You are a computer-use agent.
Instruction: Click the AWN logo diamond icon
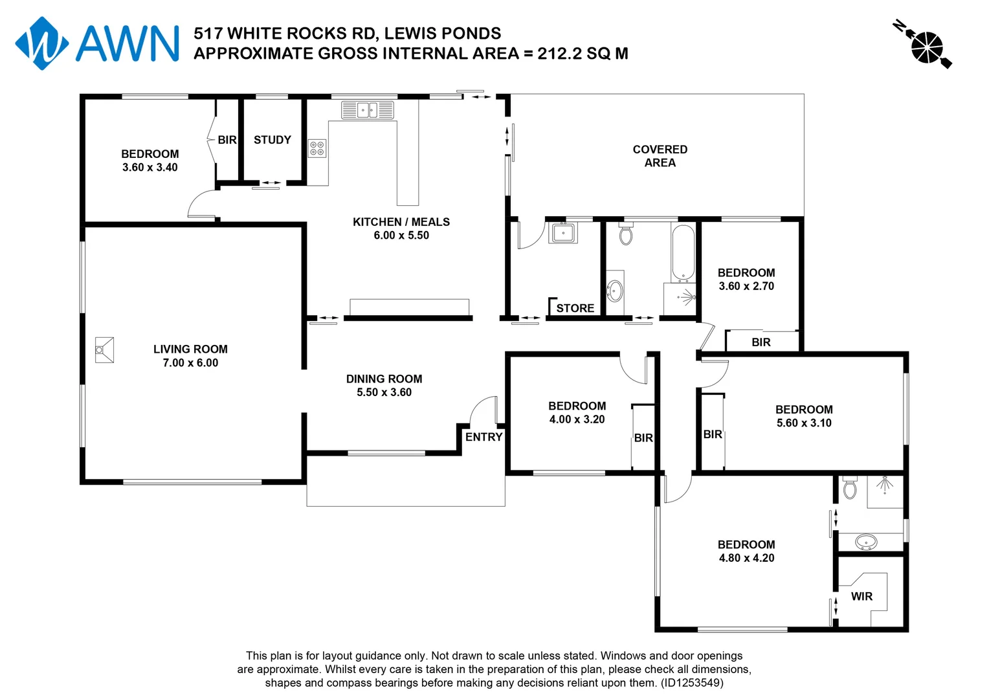[41, 43]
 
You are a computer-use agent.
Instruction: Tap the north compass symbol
[927, 47]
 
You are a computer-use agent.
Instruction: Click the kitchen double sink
[368, 110]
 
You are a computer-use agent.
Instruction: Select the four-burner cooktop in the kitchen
[317, 148]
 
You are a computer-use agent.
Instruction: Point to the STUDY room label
[272, 140]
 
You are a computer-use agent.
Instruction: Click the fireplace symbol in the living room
[104, 349]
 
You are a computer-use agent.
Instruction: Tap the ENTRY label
[483, 437]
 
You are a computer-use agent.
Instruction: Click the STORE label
[575, 308]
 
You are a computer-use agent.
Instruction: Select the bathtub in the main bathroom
[683, 252]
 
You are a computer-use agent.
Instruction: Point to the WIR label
[861, 596]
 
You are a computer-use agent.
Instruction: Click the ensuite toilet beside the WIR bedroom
[850, 488]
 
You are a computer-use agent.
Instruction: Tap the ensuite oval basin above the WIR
[866, 541]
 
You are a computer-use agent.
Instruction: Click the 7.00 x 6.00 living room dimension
[190, 363]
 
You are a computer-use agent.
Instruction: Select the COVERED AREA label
[660, 156]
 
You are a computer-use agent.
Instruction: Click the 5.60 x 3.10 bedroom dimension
[804, 423]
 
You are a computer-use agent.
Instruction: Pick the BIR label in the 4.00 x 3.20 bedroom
[643, 438]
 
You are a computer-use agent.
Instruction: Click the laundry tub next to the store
[563, 232]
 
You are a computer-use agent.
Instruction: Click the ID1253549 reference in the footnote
[691, 683]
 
